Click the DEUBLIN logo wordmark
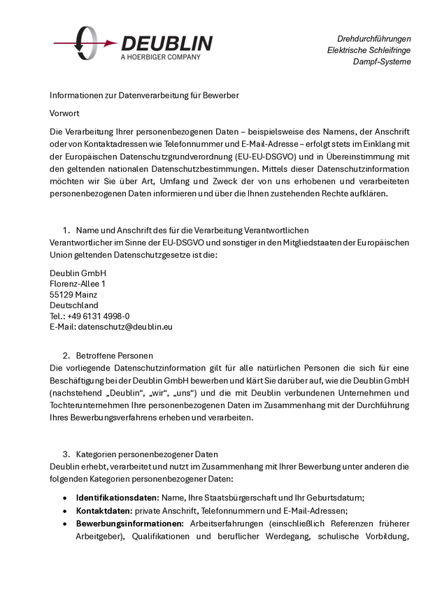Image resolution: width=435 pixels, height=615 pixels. point(166,43)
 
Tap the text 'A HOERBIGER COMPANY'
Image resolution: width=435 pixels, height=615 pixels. point(160,57)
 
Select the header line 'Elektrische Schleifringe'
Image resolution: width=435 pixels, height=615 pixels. point(369,50)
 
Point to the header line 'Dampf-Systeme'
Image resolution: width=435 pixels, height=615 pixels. point(382,61)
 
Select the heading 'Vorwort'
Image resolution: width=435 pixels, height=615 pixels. point(64,113)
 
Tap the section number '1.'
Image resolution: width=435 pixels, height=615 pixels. point(67,230)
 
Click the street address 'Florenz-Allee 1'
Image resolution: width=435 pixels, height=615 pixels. point(78,284)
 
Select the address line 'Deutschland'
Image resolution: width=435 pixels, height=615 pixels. point(73,305)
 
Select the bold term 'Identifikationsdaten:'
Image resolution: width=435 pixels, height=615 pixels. point(117,498)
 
